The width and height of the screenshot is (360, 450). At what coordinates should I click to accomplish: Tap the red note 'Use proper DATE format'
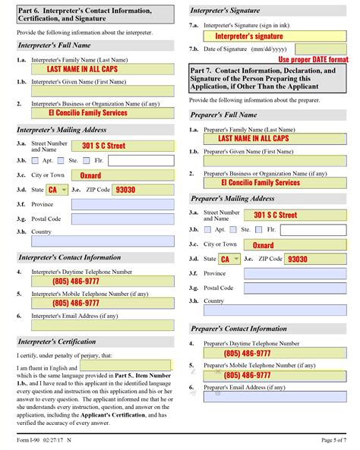[x=313, y=58]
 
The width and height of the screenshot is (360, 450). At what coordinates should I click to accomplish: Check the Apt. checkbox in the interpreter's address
[x=38, y=160]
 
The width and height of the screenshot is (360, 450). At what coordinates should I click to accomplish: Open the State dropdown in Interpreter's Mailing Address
[x=57, y=190]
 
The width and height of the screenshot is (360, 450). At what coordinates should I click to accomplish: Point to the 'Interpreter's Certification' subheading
[x=57, y=341]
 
